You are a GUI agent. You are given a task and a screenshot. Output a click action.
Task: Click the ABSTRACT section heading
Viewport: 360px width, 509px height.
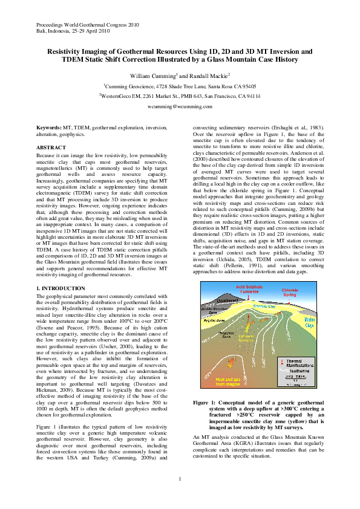51,148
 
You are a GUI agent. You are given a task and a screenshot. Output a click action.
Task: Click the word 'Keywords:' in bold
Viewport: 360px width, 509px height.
49,128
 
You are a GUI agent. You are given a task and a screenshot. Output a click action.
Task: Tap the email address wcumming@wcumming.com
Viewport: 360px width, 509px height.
180,106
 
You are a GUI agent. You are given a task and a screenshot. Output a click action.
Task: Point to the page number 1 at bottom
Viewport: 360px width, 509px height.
180,479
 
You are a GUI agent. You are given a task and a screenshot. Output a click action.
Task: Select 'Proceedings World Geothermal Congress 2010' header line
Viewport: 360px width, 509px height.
83,25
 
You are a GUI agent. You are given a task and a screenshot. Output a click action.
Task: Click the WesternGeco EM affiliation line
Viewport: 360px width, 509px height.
180,96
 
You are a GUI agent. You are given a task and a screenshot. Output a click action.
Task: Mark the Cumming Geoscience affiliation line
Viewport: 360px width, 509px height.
180,86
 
